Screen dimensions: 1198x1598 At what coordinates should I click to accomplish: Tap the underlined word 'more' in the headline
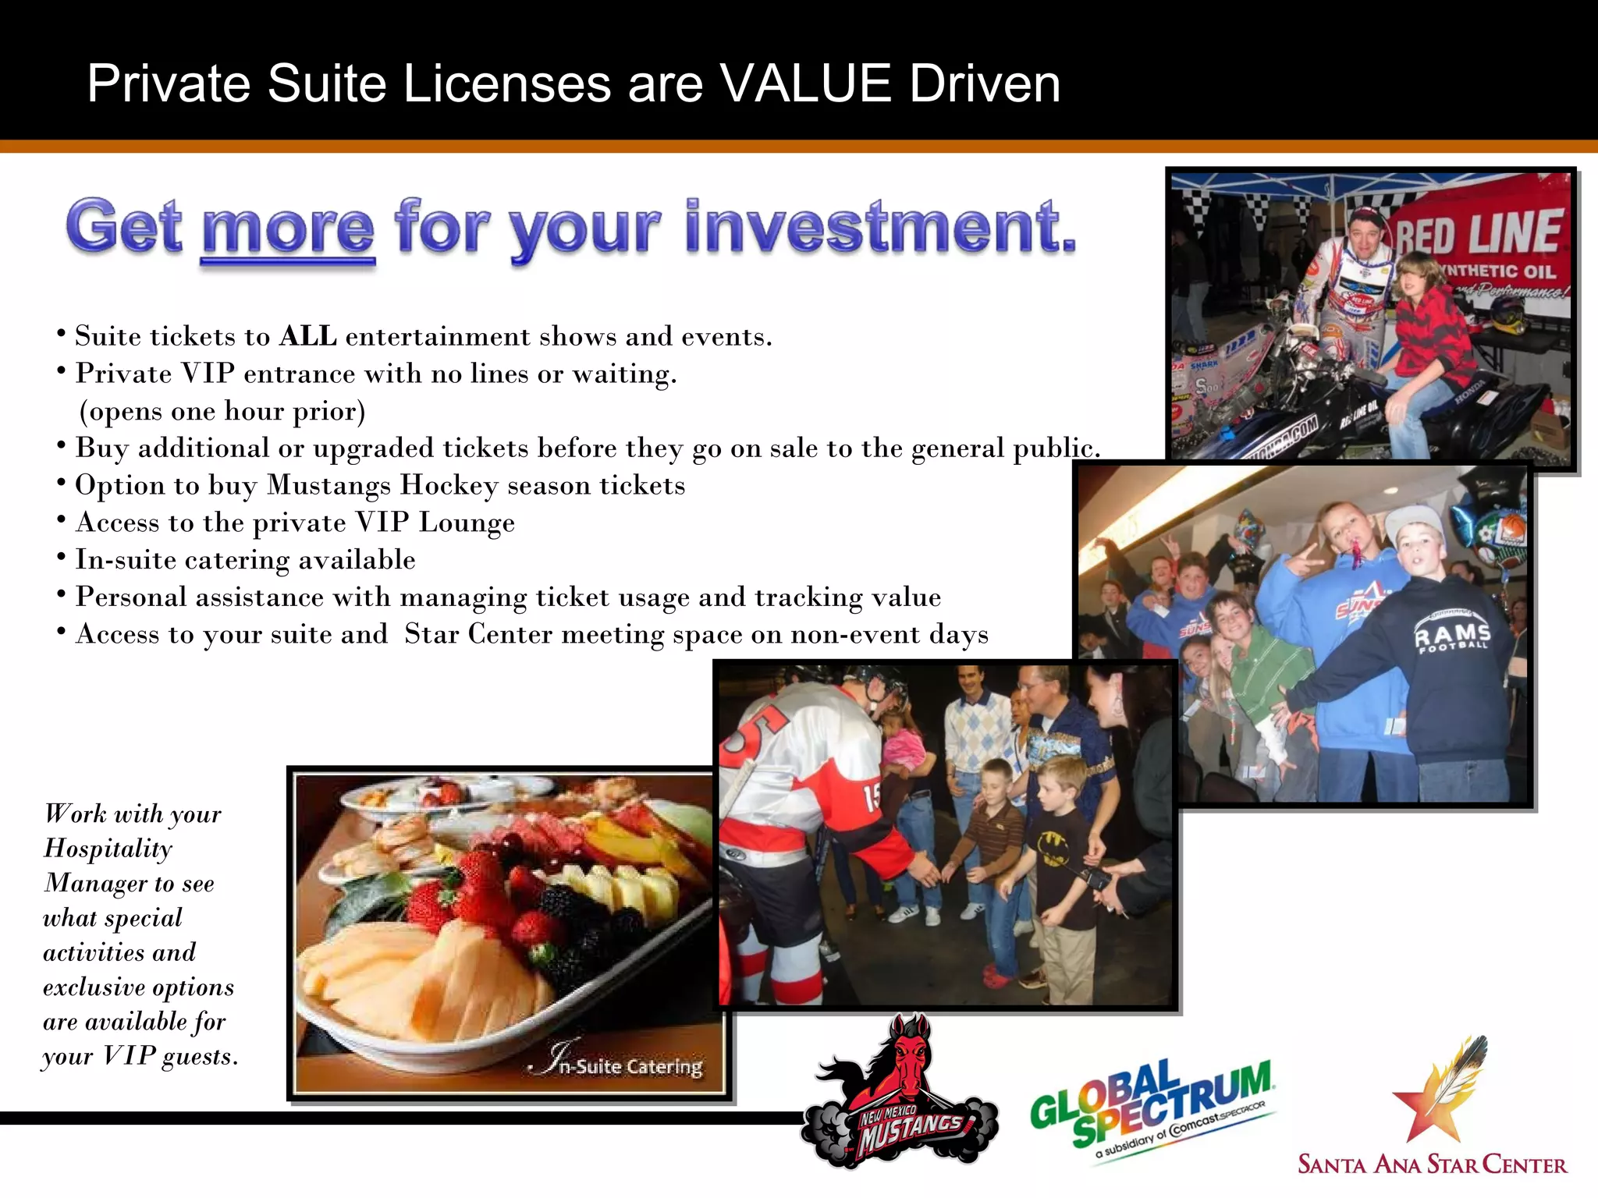coord(288,227)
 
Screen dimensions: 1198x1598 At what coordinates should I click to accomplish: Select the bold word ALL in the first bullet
coord(308,336)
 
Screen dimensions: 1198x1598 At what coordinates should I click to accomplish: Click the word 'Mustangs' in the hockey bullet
coord(328,485)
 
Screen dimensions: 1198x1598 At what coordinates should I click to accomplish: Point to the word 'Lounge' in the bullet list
coord(467,523)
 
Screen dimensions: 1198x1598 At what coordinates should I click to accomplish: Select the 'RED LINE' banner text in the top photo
coord(1479,232)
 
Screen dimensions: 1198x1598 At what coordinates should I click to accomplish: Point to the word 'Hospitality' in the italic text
coord(108,849)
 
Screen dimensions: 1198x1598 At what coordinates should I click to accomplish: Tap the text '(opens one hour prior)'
coord(222,411)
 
